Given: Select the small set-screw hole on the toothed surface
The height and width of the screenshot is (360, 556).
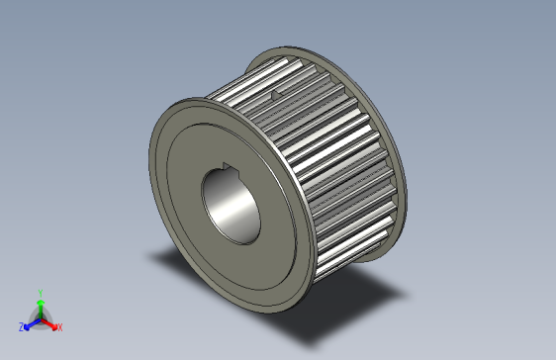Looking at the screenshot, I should tap(273, 95).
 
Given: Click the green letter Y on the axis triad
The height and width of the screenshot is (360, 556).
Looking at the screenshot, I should tap(40, 293).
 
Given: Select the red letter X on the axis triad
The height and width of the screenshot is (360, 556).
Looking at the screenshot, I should tap(59, 326).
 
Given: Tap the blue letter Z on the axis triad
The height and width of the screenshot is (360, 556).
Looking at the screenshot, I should tap(21, 326).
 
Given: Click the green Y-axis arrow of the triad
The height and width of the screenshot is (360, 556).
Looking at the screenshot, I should tap(40, 308).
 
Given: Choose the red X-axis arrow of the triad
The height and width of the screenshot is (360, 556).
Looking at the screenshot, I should tap(48, 321).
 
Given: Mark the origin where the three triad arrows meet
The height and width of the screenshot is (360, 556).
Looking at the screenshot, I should tap(40, 317).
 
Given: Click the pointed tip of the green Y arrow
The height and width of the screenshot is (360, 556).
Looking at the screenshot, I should tap(40, 300).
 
